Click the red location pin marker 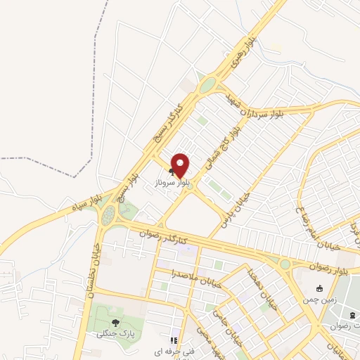pos(181,165)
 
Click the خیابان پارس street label pos(236,196)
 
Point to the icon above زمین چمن pos(320,288)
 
